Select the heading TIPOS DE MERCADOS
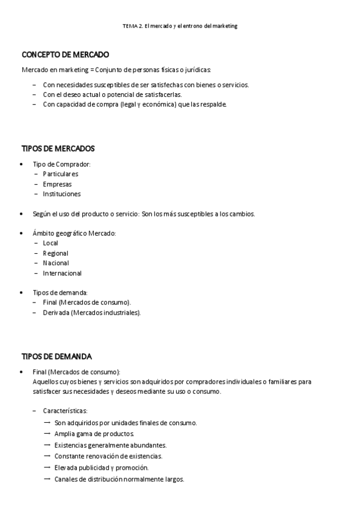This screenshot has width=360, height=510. click(58, 149)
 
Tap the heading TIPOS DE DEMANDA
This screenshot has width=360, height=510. click(56, 356)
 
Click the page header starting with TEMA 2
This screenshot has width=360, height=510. click(180, 26)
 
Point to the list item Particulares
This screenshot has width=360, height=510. click(60, 174)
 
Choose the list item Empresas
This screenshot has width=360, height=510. click(57, 184)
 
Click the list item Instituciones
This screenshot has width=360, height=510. click(61, 194)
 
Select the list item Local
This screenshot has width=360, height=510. click(50, 243)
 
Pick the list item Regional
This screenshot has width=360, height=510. click(55, 253)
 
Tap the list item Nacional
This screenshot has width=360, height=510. click(56, 263)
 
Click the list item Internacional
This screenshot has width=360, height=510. click(62, 273)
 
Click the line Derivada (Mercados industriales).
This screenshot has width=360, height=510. click(92, 313)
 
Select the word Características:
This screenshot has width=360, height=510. click(65, 411)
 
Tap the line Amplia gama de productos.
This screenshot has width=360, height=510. click(94, 434)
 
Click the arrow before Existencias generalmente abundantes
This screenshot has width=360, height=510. click(47, 444)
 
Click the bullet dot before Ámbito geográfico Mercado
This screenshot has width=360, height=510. click(22, 233)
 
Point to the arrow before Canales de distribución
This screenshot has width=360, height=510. click(47, 479)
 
